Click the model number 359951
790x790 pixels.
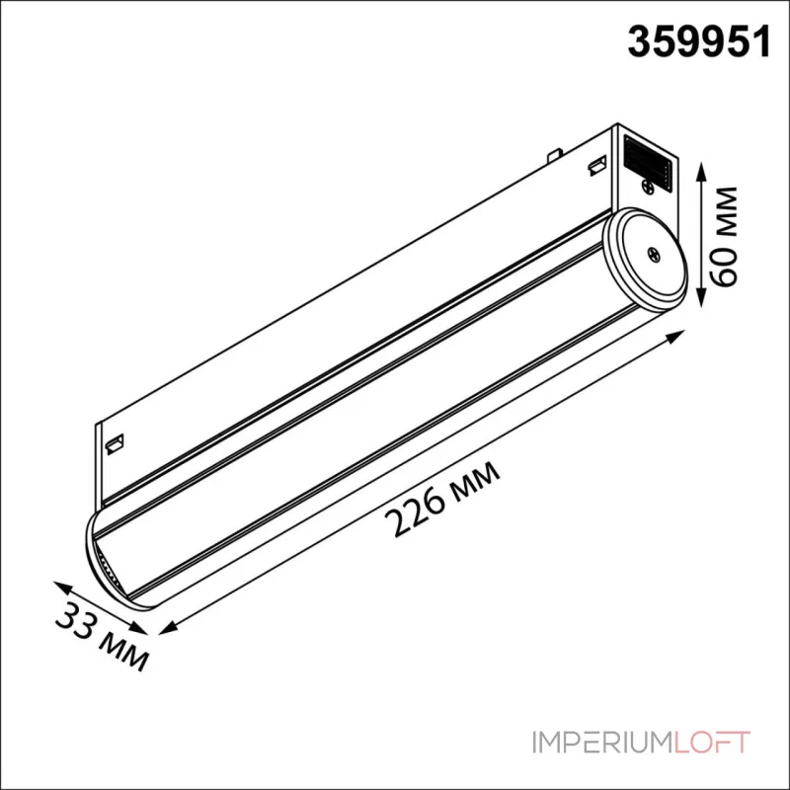click(x=699, y=41)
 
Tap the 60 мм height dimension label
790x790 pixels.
click(x=722, y=236)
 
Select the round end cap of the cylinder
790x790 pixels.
click(x=645, y=258)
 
